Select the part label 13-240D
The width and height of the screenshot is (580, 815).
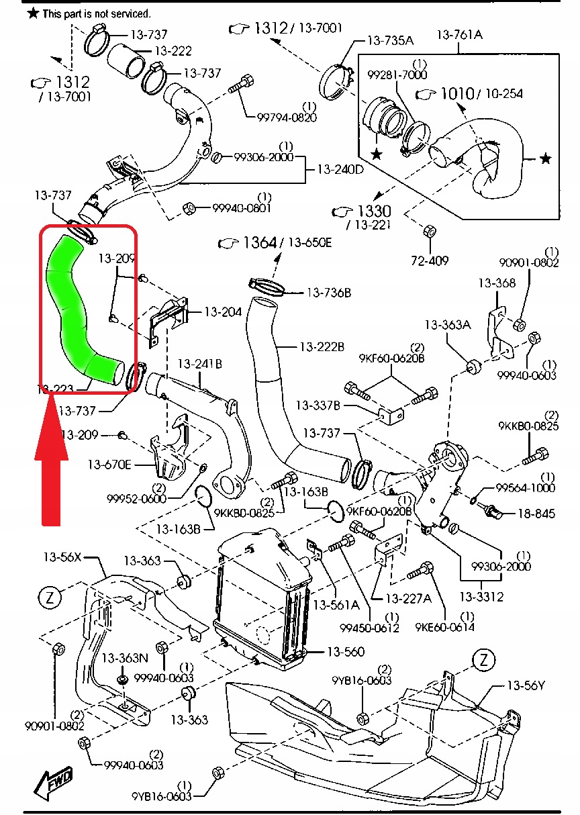340,169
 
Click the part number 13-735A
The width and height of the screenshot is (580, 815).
390,40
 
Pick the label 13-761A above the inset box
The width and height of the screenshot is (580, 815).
460,34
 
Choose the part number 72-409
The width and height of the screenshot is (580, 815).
430,260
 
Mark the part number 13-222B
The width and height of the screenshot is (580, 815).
322,346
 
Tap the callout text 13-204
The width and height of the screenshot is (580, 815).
223,311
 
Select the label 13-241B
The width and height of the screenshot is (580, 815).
200,364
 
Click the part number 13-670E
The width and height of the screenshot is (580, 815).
109,464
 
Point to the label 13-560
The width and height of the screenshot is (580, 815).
346,651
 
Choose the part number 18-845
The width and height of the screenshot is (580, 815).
536,514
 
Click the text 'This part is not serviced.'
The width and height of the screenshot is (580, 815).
96,13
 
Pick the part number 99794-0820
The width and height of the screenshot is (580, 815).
287,116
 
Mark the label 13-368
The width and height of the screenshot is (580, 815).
497,283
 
